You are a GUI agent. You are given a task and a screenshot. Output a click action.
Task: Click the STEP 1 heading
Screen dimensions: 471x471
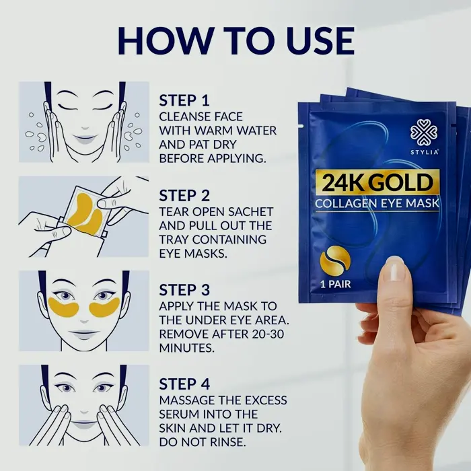[x=184, y=100]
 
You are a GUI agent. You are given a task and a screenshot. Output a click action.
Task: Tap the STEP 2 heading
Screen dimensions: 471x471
[x=184, y=196]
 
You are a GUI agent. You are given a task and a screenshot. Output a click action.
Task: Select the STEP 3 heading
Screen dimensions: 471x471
[x=184, y=290]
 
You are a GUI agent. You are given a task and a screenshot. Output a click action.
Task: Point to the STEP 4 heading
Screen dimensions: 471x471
[x=184, y=384]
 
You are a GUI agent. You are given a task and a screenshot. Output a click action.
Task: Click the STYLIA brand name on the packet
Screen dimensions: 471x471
[x=424, y=152]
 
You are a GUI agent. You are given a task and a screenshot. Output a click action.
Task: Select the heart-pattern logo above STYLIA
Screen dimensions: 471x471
[x=424, y=133]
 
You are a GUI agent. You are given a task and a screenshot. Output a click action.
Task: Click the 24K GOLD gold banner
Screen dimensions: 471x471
[x=377, y=182]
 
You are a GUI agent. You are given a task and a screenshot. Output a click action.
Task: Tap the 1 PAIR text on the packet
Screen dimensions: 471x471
[x=335, y=284]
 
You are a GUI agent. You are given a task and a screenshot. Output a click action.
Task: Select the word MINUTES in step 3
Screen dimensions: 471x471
[x=187, y=348]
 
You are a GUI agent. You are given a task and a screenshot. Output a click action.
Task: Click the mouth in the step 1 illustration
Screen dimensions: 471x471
[x=85, y=139]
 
